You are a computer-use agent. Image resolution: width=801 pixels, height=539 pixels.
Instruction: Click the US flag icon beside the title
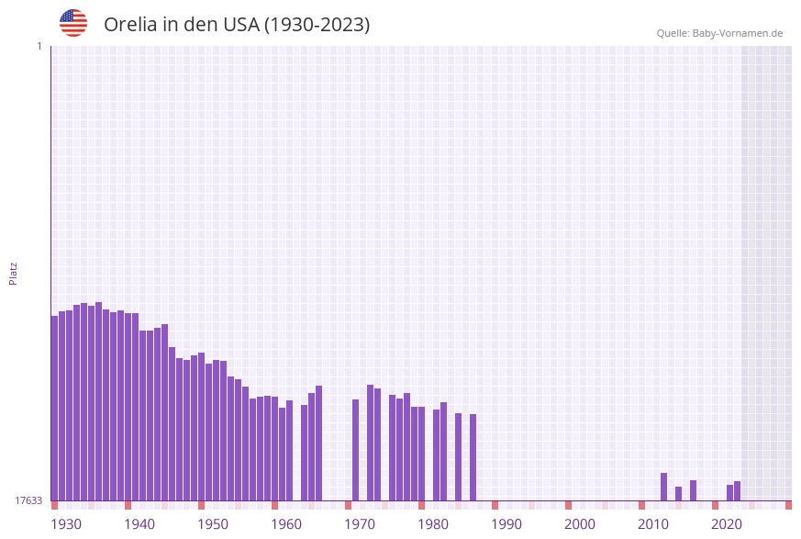(73, 23)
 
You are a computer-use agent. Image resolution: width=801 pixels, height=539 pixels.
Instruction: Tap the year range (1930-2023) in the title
(317, 25)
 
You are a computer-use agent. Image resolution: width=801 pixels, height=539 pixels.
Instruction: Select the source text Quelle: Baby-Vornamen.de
(719, 33)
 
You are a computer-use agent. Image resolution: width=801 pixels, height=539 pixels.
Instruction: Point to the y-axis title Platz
(14, 273)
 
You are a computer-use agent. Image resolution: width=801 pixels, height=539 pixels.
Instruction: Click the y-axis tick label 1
(39, 46)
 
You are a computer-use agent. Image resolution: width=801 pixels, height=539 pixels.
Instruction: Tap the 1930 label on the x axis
(66, 523)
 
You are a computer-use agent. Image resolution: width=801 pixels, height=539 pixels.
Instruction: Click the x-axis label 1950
(213, 523)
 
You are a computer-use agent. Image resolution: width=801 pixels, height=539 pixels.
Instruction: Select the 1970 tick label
(360, 523)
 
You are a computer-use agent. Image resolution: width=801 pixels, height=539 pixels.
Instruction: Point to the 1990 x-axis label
(506, 523)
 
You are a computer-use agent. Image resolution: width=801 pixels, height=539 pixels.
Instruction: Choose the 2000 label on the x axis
(580, 523)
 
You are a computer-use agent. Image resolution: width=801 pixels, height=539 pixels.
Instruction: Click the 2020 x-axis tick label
(727, 523)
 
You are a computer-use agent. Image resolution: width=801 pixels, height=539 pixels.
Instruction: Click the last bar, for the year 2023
(738, 490)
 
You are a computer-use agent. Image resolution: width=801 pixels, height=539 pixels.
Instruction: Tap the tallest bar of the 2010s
(664, 487)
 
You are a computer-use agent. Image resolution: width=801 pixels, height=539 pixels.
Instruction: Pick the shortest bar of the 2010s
(679, 493)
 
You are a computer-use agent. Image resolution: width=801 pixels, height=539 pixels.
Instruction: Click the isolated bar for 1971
(356, 449)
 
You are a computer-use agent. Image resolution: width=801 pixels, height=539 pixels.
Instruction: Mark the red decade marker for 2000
(569, 505)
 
